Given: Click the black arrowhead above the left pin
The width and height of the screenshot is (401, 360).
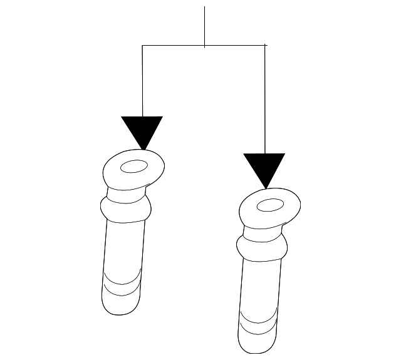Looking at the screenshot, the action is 143,130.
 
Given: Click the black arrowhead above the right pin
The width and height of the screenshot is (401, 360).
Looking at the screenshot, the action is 264,167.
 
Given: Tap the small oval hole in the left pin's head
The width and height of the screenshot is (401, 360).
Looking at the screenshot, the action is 133,167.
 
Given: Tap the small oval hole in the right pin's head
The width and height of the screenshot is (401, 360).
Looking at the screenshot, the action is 270,205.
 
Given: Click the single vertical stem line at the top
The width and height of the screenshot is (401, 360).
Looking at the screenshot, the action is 205,25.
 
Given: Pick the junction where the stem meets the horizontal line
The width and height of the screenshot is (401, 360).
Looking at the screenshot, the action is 205,45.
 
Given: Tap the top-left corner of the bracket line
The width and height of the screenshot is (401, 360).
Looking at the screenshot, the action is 143,45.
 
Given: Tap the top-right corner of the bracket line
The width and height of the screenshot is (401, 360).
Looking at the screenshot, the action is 264,45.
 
